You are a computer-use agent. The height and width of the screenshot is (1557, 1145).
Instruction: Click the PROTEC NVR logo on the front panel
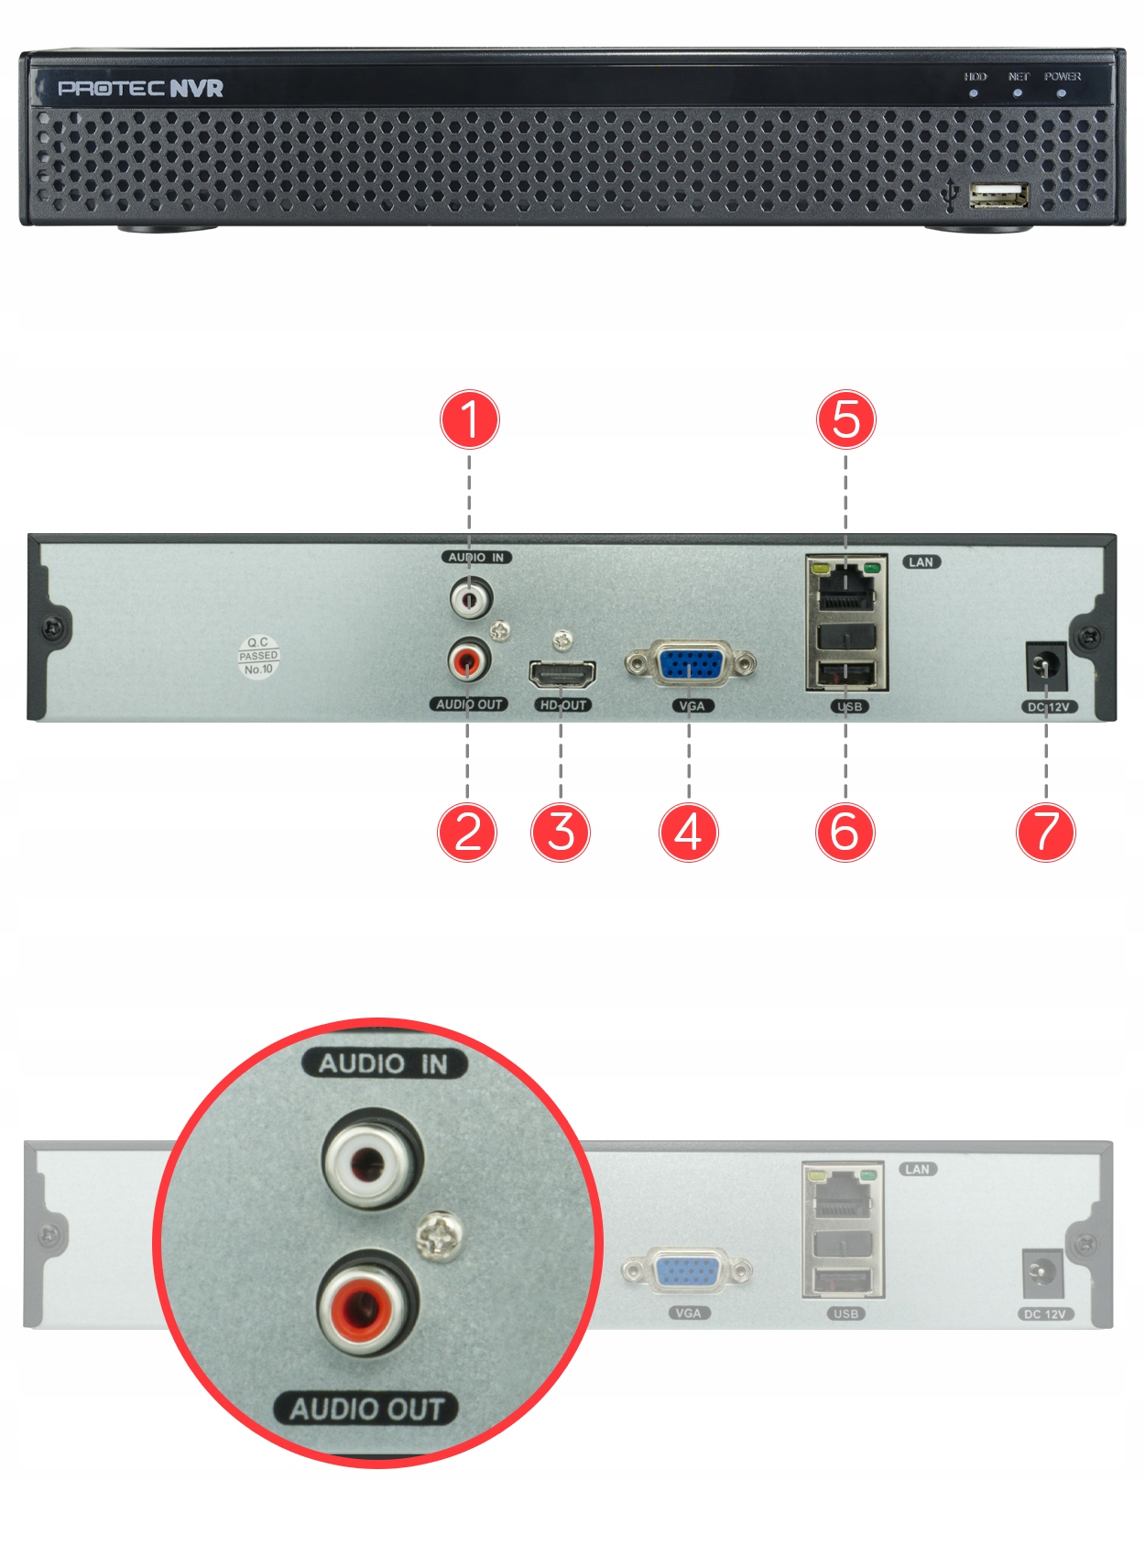point(140,88)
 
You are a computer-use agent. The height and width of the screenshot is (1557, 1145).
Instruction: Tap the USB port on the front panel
point(998,195)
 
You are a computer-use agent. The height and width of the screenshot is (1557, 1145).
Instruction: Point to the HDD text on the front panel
point(975,77)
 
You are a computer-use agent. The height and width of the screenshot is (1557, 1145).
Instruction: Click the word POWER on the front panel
point(1062,77)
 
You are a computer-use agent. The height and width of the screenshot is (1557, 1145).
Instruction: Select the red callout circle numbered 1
point(470,419)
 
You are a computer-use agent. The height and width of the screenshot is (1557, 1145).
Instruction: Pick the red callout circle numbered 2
point(467,832)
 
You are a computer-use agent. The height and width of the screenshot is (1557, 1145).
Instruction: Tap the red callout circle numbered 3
point(561,832)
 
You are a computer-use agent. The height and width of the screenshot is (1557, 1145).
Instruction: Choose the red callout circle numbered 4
point(689,832)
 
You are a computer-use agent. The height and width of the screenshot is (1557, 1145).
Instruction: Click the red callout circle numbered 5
point(845,419)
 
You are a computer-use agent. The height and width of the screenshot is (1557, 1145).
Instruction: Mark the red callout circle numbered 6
point(845,832)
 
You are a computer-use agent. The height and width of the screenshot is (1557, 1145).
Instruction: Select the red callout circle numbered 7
point(1046,832)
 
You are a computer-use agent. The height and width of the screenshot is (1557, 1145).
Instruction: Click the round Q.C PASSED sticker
point(258,656)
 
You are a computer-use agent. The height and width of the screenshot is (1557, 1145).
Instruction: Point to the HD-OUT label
point(562,705)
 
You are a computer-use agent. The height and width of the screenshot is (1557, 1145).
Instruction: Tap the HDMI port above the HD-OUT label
point(562,675)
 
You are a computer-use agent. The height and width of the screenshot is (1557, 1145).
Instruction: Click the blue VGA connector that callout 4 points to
point(691,664)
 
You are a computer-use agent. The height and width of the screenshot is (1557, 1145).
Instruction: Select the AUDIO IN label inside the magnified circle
point(384,1063)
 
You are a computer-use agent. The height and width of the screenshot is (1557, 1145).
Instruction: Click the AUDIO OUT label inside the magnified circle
point(366,1409)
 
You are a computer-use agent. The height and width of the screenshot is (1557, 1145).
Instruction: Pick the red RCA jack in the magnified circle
point(367,1304)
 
